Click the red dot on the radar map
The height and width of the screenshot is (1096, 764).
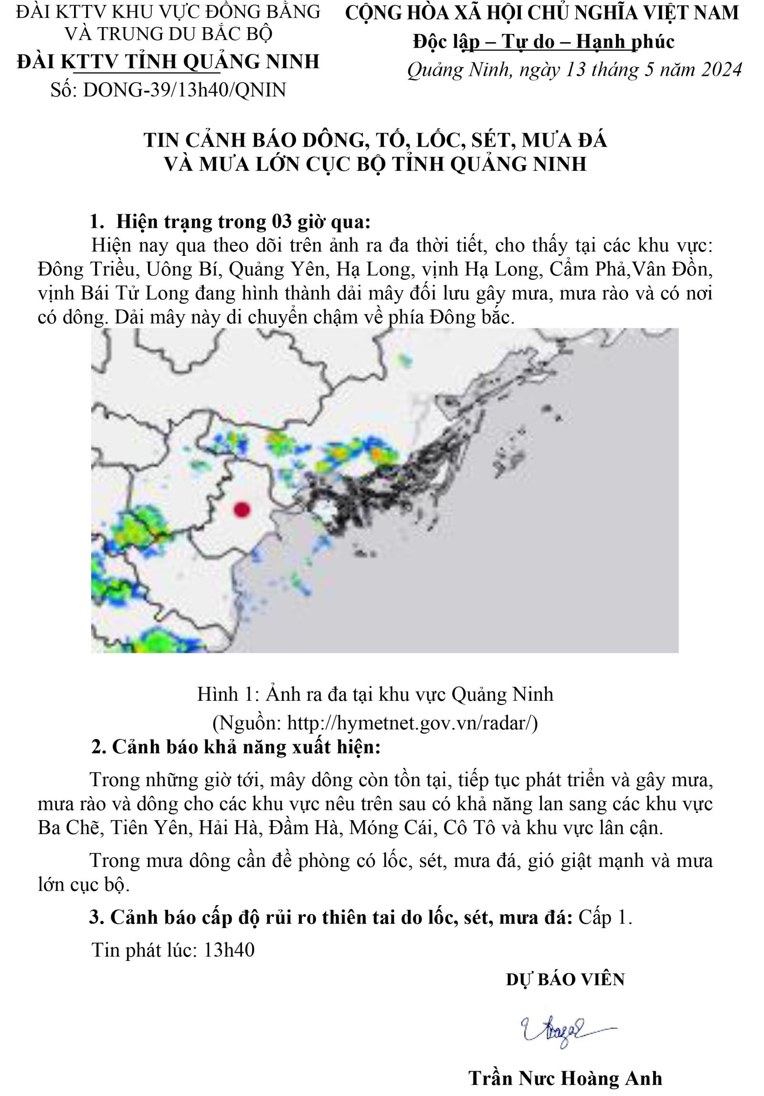click(x=242, y=510)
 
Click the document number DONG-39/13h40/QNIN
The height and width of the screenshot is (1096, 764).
click(x=184, y=90)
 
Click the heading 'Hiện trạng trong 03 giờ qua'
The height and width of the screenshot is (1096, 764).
click(x=243, y=222)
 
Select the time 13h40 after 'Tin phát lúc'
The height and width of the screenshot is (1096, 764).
click(x=229, y=950)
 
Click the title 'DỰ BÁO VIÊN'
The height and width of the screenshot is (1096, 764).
click(x=565, y=980)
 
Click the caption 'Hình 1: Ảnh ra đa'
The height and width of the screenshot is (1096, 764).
click(x=375, y=694)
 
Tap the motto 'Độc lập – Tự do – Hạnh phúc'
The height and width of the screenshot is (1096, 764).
click(x=543, y=42)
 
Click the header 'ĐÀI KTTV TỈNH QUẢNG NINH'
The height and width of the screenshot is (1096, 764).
click(x=168, y=62)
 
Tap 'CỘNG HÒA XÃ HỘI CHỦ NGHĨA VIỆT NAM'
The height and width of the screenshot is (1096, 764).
click(x=541, y=13)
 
